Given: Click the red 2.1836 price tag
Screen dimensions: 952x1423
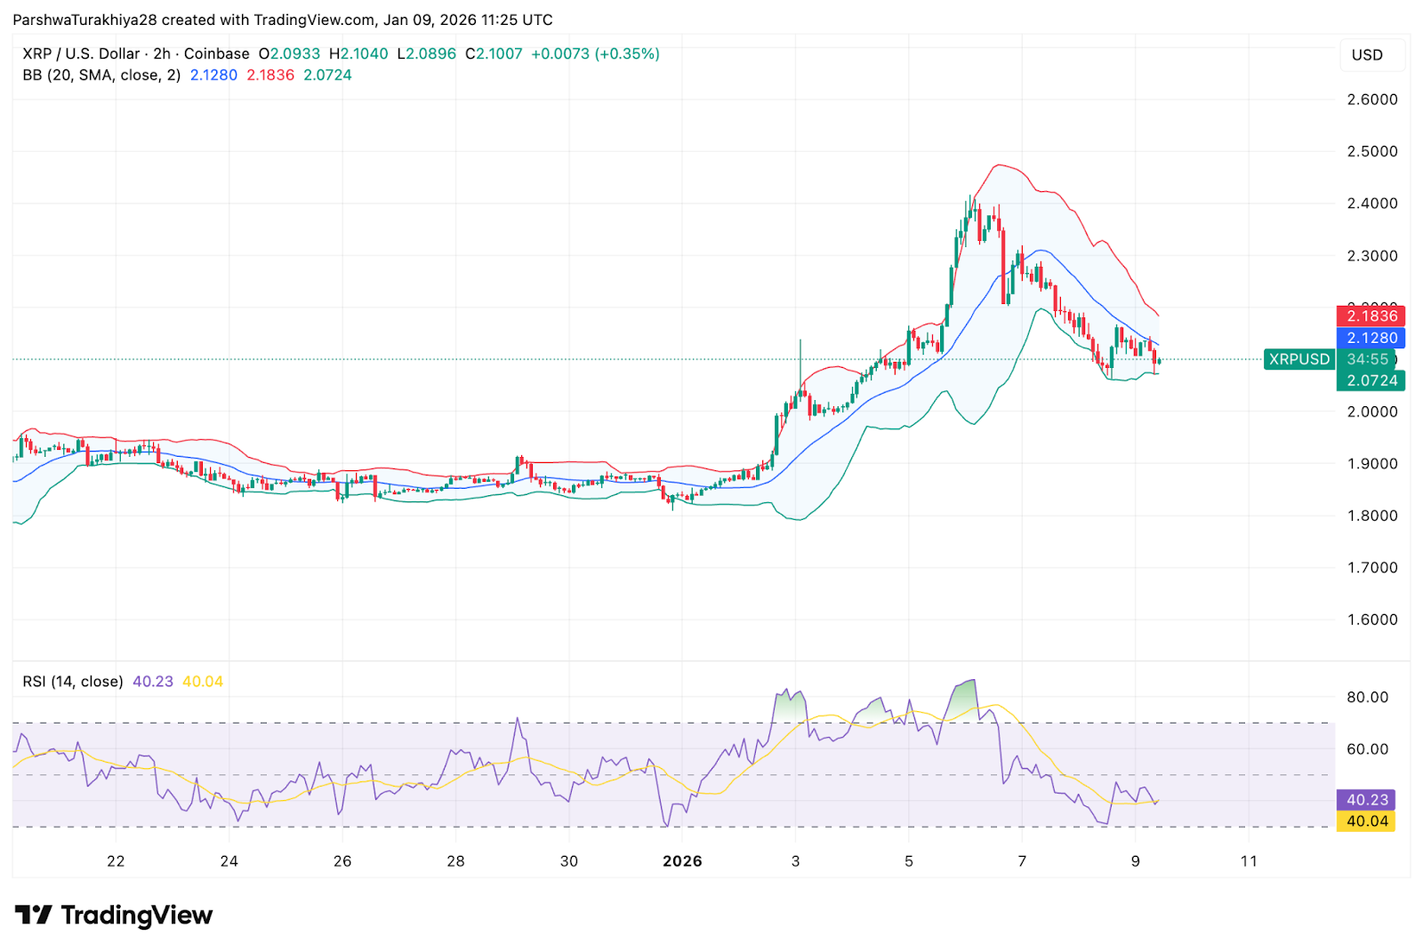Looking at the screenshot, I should point(1371,316).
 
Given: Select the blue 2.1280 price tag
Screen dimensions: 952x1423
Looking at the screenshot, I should point(1371,338).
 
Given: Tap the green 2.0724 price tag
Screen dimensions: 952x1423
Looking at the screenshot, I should point(1371,380).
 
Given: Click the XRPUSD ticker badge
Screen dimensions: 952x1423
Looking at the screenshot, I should point(1298,359).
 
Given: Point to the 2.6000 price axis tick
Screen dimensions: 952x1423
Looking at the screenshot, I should point(1371,100).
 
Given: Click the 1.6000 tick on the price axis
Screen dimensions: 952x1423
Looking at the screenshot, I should point(1371,620).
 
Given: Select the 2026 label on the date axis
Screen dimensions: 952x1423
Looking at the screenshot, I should point(682,860).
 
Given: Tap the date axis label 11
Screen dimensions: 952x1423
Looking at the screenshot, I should point(1249,860).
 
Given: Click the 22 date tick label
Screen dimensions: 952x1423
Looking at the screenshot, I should point(116,860).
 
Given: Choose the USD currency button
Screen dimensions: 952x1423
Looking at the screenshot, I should point(1367,55).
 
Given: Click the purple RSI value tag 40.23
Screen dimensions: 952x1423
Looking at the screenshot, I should point(1366,800).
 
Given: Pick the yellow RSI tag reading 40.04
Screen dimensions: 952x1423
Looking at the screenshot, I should point(1366,821).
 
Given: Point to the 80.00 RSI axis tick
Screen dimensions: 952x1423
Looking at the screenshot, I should point(1367,697).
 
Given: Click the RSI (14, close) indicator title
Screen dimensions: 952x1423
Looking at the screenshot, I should point(73,682).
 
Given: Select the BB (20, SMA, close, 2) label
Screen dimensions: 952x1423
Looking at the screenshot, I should point(101,76).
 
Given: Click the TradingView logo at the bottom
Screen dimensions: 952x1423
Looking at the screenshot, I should point(114,915).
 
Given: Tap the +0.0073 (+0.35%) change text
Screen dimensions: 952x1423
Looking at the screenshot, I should point(595,54).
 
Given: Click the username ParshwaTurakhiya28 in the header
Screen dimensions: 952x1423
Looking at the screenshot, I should point(84,20).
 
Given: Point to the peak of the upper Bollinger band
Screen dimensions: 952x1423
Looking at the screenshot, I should point(1000,165).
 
